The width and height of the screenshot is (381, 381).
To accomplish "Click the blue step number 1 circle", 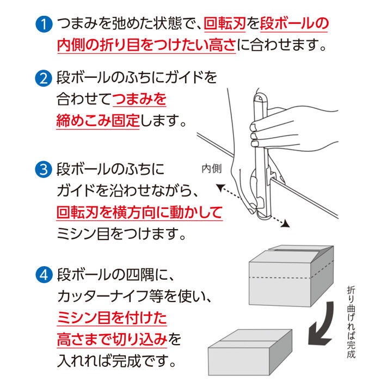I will [x=42, y=24].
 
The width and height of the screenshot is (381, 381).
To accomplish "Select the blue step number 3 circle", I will [x=42, y=170].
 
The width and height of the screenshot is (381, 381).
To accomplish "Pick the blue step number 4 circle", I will [x=42, y=273].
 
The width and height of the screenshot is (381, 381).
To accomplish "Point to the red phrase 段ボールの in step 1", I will [x=294, y=24].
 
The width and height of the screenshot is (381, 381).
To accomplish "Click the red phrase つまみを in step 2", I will [x=139, y=99].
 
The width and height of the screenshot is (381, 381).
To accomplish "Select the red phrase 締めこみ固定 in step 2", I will [x=98, y=121].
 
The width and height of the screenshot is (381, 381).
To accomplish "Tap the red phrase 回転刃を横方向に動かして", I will [x=140, y=212].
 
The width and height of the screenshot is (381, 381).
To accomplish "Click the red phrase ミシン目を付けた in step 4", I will [x=112, y=317].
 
